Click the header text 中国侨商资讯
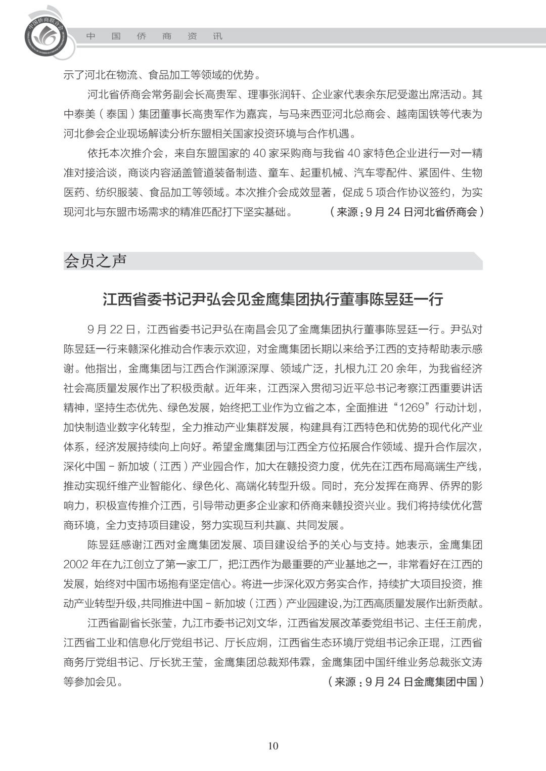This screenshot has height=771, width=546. click(x=154, y=36)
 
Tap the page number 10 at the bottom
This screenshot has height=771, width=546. click(x=273, y=746)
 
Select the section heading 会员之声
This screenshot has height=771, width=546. click(x=95, y=261)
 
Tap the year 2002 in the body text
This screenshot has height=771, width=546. click(x=75, y=564)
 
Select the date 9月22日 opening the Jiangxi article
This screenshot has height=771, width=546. click(x=111, y=330)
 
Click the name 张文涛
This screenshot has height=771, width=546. click(x=466, y=662)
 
